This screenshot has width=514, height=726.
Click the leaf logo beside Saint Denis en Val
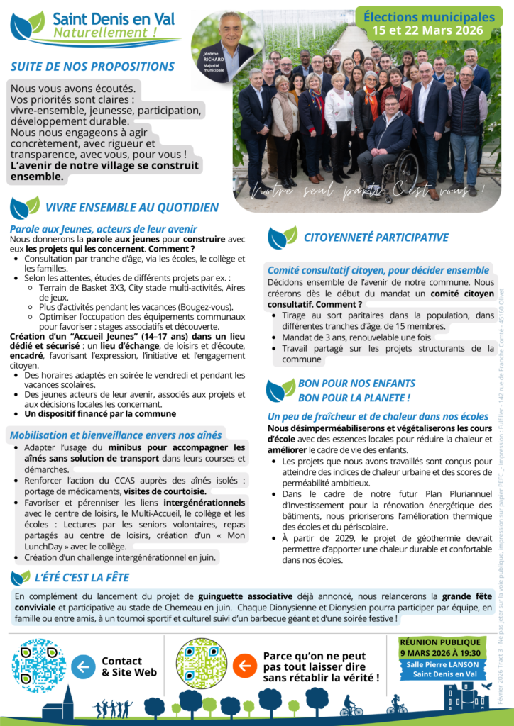27,26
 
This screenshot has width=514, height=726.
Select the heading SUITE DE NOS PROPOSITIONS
92,67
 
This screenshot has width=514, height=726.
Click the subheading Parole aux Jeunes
104,228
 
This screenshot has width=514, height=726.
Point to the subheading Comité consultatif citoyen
378,270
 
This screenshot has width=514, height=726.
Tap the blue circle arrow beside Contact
82,666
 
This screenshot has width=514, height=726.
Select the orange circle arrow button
245,666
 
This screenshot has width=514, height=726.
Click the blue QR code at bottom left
39,665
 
